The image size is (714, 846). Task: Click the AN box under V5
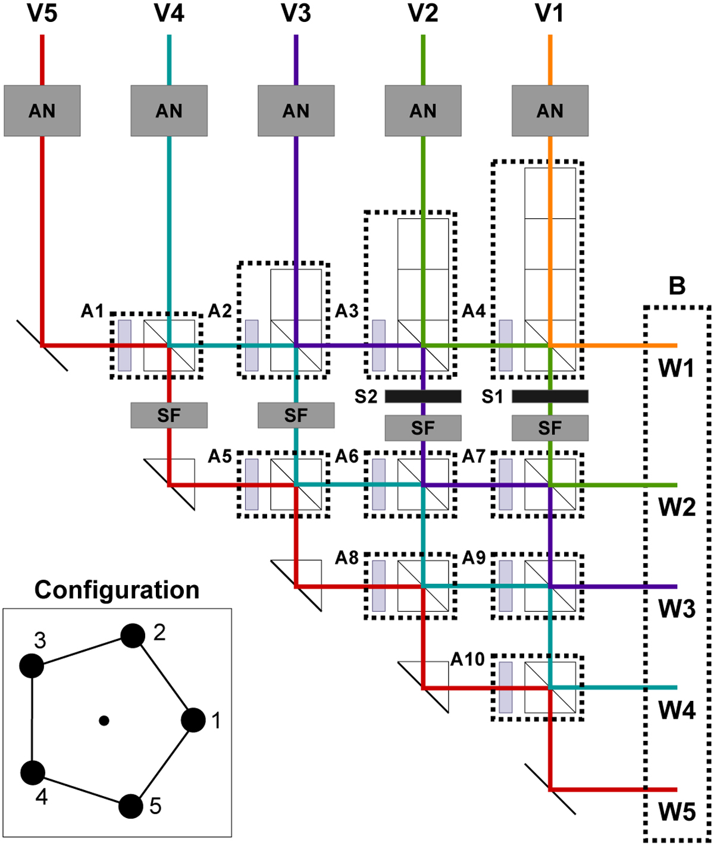[x=42, y=111]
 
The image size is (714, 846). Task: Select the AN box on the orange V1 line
[x=550, y=111]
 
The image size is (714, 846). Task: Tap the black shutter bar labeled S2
[x=423, y=397]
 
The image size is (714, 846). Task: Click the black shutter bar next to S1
[x=550, y=397]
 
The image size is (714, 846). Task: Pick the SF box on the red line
[x=169, y=415]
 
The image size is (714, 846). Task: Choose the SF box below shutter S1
[x=550, y=428]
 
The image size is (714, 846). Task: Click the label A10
[x=468, y=659]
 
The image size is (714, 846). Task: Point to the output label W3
[x=677, y=608]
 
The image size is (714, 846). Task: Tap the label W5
[x=677, y=812]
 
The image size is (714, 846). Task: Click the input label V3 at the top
[x=296, y=13]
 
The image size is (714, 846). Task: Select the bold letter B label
[x=677, y=286]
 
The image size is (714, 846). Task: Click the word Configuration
[x=117, y=590]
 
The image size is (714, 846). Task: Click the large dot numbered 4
[x=33, y=773]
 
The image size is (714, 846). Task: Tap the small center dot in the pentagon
[x=104, y=721]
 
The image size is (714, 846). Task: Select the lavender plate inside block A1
[x=124, y=345]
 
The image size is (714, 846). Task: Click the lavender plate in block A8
[x=378, y=586]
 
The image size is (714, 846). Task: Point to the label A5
[x=220, y=457]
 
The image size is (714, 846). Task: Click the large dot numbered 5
[x=131, y=806]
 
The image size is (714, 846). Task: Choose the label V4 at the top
[x=169, y=13]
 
